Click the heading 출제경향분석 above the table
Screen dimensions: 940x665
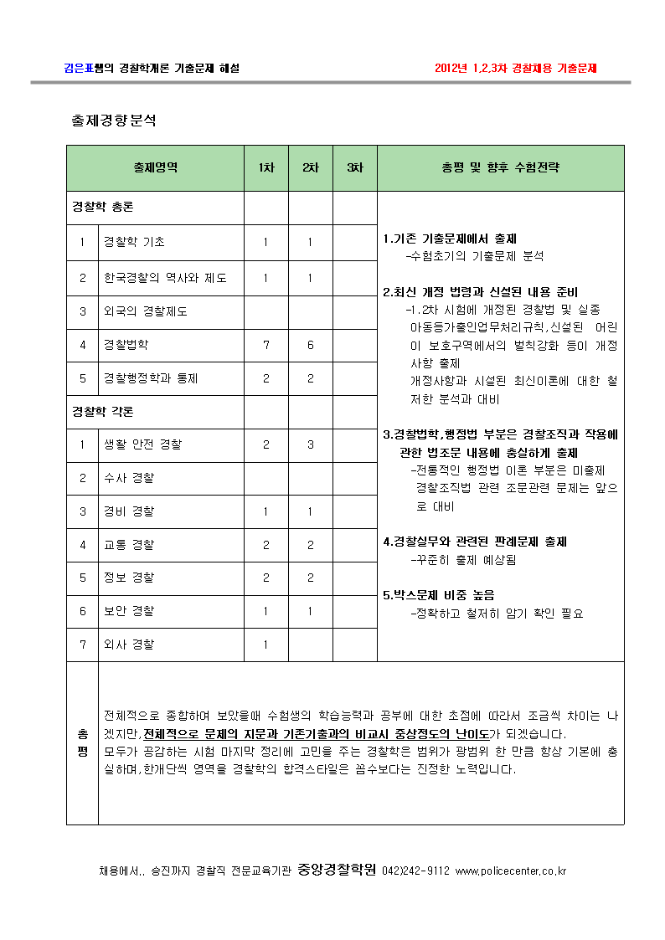pyautogui.click(x=114, y=121)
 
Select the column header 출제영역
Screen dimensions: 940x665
pyautogui.click(x=155, y=167)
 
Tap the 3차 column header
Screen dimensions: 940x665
pyautogui.click(x=354, y=167)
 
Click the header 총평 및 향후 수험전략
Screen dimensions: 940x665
pyautogui.click(x=500, y=167)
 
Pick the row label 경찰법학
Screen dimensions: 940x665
pyautogui.click(x=126, y=344)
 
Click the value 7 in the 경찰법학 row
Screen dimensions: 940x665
pyautogui.click(x=265, y=344)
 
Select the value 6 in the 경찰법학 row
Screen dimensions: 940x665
pyautogui.click(x=310, y=344)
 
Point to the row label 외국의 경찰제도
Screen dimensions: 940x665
pyautogui.click(x=145, y=311)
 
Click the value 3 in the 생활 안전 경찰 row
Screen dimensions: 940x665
pyautogui.click(x=310, y=444)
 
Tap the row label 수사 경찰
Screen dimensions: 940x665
pyautogui.click(x=128, y=478)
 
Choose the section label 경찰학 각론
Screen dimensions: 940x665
pyautogui.click(x=103, y=412)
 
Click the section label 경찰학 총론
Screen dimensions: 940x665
pyautogui.click(x=103, y=206)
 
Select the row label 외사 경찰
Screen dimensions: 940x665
pyautogui.click(x=128, y=645)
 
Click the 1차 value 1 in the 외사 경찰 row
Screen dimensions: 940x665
pyautogui.click(x=265, y=645)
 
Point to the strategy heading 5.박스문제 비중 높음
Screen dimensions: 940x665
pyautogui.click(x=439, y=595)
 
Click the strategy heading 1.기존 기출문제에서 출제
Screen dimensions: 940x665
pyautogui.click(x=450, y=239)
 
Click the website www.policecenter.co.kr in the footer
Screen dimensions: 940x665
pyautogui.click(x=510, y=871)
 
